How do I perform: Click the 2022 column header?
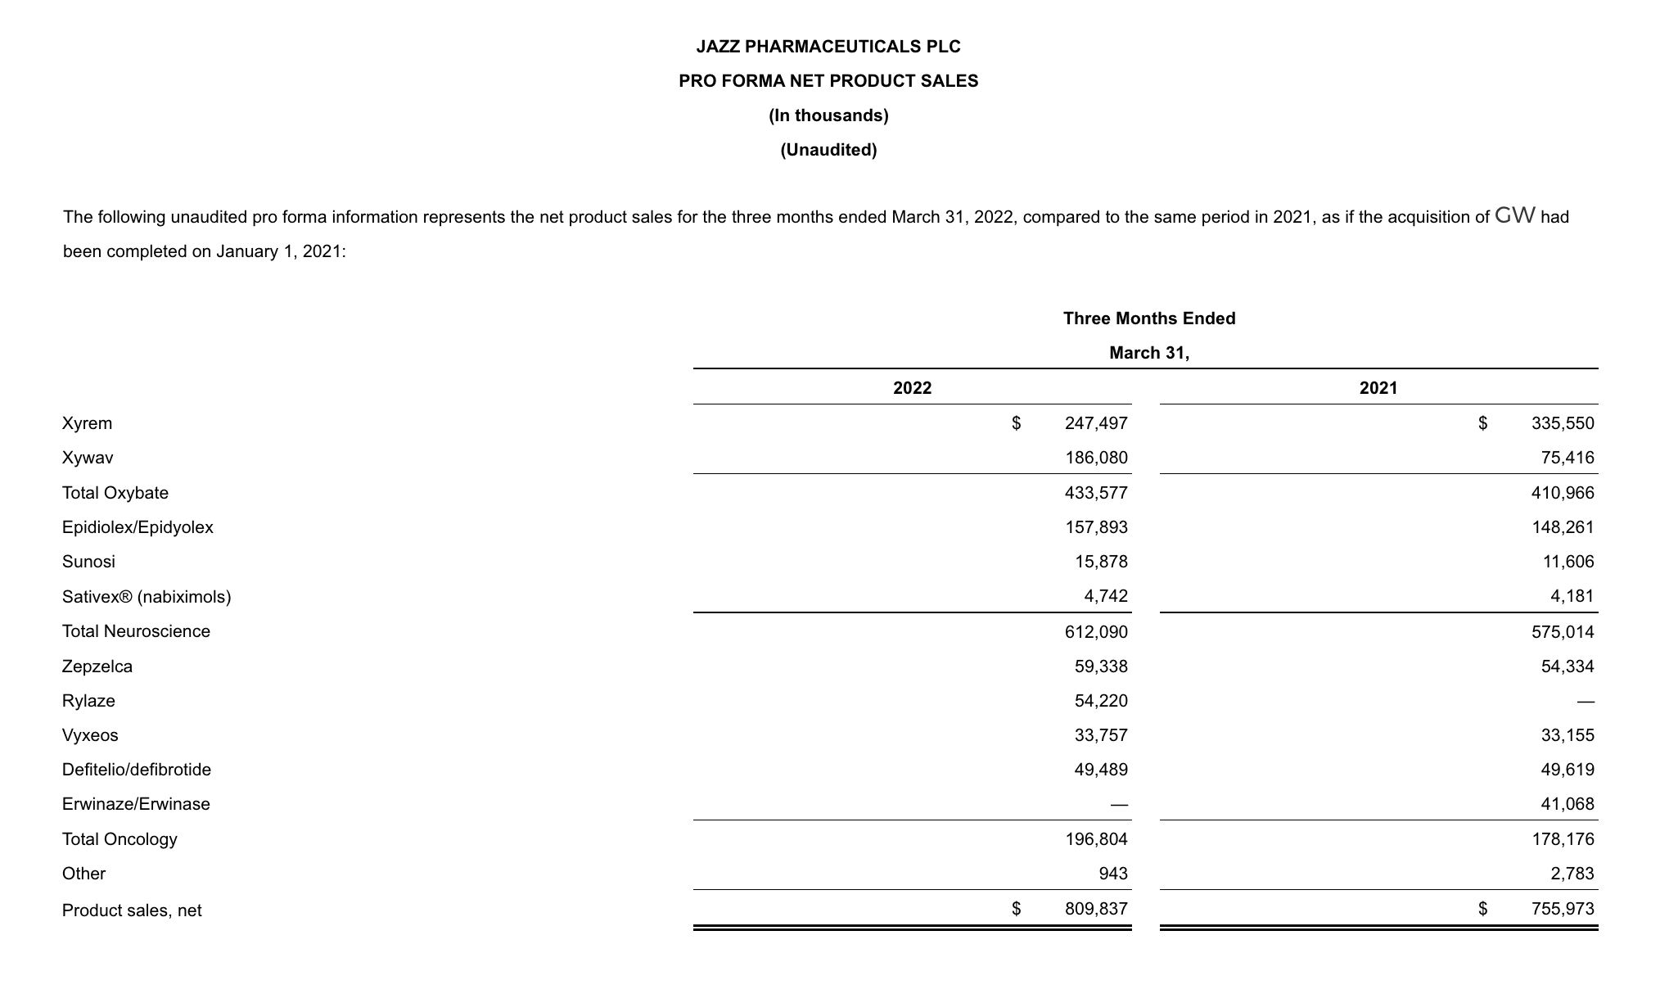[912, 388]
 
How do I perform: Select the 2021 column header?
[1378, 388]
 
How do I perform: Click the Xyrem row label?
[87, 423]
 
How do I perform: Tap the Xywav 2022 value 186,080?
[1096, 458]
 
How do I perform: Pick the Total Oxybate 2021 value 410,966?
[1563, 493]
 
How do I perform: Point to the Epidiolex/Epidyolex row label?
[138, 527]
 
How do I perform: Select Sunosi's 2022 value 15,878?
[1101, 562]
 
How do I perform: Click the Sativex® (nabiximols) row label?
[147, 597]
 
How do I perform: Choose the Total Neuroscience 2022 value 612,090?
[1096, 631]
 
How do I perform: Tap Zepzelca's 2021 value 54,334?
[1568, 666]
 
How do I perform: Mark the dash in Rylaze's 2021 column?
[1586, 702]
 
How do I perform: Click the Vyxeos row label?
[90, 735]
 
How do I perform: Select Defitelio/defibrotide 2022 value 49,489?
[1101, 770]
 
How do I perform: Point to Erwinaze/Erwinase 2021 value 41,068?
[1568, 804]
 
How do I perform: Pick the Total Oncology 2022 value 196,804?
[1096, 839]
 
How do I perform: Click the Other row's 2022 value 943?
[1112, 874]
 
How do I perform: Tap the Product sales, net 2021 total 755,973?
[1563, 909]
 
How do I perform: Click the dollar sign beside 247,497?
[1016, 423]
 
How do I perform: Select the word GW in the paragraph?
[1514, 216]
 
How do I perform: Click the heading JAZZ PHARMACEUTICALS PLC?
[828, 47]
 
